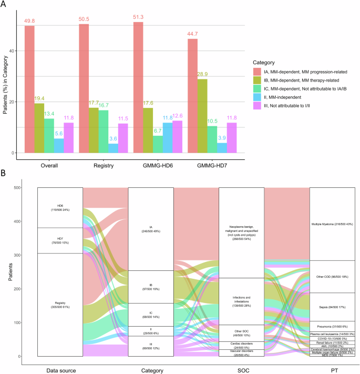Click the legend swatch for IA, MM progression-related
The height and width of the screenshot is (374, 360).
[258, 72]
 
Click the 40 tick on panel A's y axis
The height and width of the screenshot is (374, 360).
[15, 50]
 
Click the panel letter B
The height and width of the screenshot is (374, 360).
[4, 172]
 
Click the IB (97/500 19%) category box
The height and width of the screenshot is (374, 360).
[151, 287]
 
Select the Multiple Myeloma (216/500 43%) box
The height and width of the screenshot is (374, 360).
[332, 224]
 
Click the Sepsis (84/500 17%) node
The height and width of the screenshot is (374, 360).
[332, 292]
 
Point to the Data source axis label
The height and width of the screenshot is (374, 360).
[60, 370]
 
